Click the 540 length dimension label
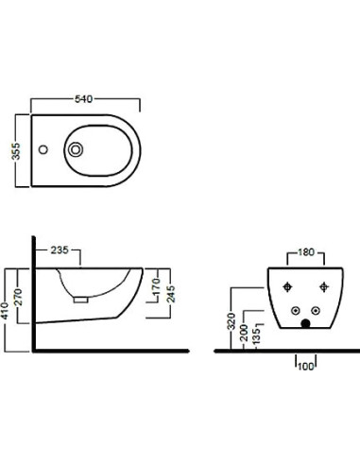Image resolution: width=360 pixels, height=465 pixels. pyautogui.click(x=83, y=99)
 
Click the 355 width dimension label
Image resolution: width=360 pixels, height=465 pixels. pyautogui.click(x=16, y=151)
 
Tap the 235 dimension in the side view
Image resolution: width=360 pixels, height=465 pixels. pyautogui.click(x=60, y=250)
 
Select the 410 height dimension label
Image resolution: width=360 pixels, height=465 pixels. pyautogui.click(x=5, y=311)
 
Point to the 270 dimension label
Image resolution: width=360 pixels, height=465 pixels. pyautogui.click(x=19, y=297)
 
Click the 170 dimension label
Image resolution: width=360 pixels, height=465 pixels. pyautogui.click(x=156, y=286)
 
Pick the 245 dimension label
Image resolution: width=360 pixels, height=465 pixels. pyautogui.click(x=171, y=294)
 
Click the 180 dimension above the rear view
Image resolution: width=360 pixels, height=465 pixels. pyautogui.click(x=306, y=252)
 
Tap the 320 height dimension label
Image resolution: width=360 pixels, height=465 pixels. pyautogui.click(x=231, y=321)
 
